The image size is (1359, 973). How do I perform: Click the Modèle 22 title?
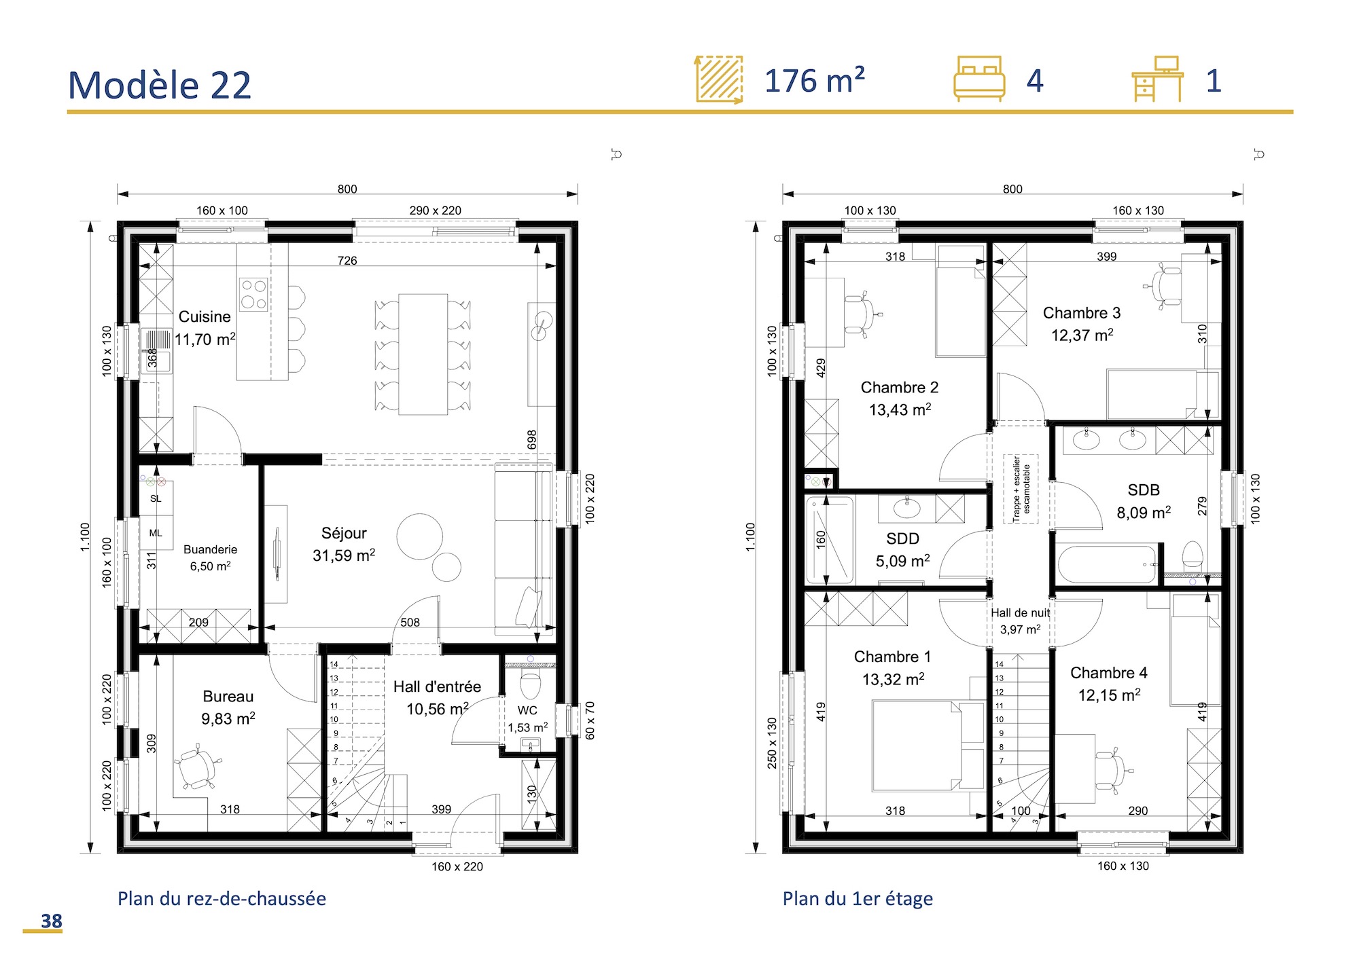coord(160,86)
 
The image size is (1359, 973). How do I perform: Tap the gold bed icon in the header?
coord(978,79)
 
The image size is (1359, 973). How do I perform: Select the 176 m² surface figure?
coord(814,81)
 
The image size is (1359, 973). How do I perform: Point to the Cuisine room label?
coord(205,317)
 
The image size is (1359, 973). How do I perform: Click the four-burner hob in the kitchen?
coord(253,294)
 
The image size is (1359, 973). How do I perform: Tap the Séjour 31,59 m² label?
coord(344,544)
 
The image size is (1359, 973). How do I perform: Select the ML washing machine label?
coord(156,533)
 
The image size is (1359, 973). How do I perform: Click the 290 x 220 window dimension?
coord(435,210)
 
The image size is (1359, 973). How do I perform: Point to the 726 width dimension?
coord(347,261)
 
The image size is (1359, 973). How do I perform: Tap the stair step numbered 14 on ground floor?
coord(334,664)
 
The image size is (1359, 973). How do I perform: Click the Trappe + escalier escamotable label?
coord(1021,489)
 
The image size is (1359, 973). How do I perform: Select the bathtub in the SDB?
coord(1107,564)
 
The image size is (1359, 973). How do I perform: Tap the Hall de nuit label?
coord(1020,613)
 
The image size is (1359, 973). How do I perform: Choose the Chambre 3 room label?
coord(1082,313)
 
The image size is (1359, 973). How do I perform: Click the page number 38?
coord(51,921)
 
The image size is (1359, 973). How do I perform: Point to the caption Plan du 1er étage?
coord(858,898)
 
